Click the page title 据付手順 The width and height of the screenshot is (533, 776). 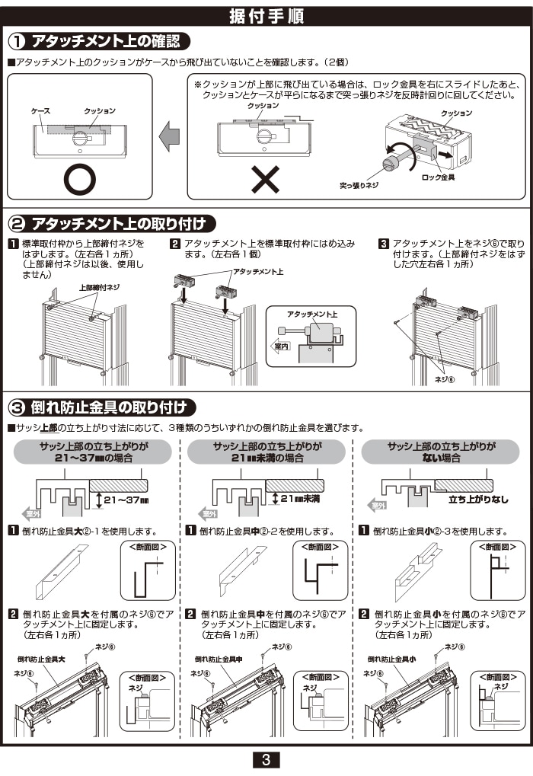click(266, 17)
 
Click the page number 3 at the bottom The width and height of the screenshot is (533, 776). click(266, 759)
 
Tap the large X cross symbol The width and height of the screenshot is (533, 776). click(265, 180)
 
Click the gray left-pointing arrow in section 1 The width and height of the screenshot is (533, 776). click(169, 138)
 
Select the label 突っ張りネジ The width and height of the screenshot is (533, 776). click(359, 185)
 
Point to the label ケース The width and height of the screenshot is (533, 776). click(40, 111)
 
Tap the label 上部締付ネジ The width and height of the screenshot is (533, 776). click(99, 287)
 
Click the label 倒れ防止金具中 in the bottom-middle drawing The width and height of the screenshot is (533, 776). click(219, 659)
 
